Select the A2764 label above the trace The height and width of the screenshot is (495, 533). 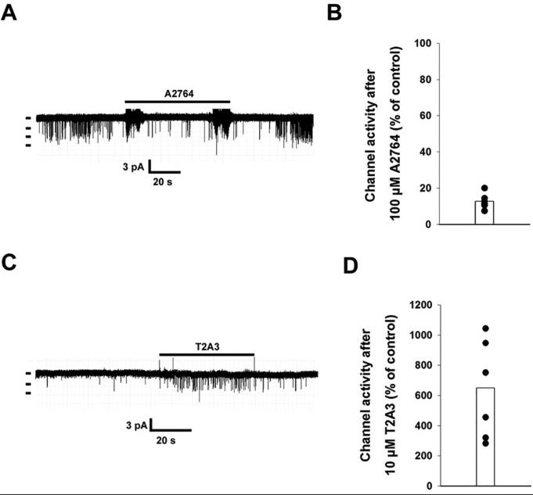pyautogui.click(x=178, y=94)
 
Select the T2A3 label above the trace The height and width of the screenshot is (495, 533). pyautogui.click(x=207, y=346)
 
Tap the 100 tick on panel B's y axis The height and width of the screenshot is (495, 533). pyautogui.click(x=423, y=44)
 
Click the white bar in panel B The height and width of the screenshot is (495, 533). pyautogui.click(x=484, y=213)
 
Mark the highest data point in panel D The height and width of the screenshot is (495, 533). pyautogui.click(x=486, y=328)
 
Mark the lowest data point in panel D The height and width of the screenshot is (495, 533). pyautogui.click(x=486, y=443)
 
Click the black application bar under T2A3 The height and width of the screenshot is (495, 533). pyautogui.click(x=207, y=354)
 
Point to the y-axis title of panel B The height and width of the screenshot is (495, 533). pyautogui.click(x=381, y=134)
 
